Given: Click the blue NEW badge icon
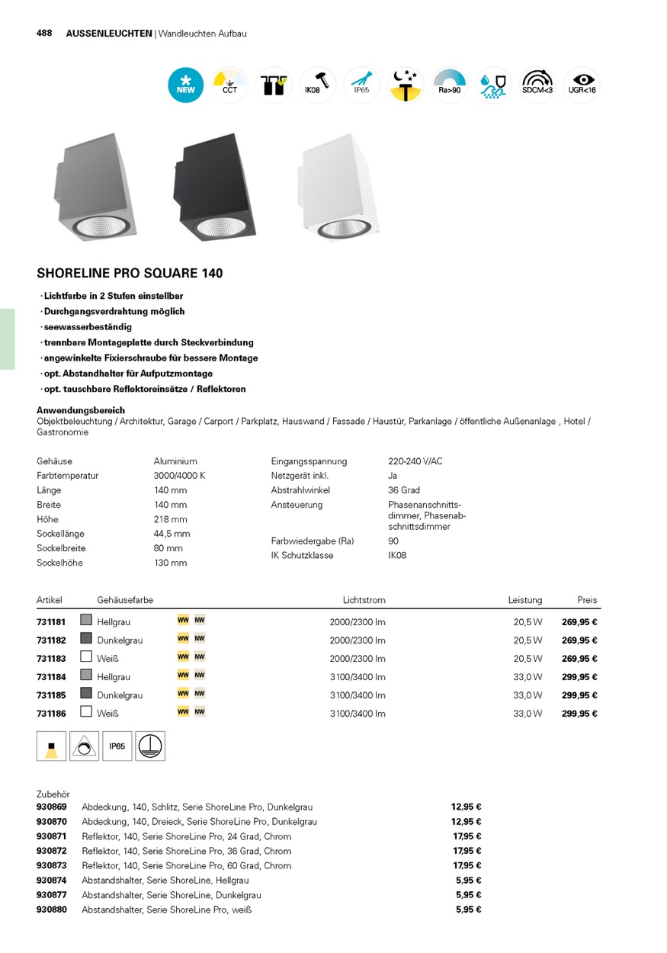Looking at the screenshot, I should (x=186, y=85).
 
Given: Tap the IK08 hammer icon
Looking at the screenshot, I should (x=318, y=85).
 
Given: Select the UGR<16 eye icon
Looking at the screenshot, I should (x=582, y=85).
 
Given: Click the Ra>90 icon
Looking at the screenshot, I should (x=450, y=85).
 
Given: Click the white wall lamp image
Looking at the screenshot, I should (x=335, y=187).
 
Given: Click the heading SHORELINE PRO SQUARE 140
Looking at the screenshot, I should (x=130, y=273).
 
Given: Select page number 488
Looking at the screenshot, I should (x=44, y=34).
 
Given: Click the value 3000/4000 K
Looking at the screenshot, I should (x=180, y=476).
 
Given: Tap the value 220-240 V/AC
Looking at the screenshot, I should (x=415, y=461).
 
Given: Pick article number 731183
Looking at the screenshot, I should (x=51, y=659).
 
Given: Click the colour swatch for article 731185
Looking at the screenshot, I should (x=86, y=694).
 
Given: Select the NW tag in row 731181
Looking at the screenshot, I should (x=200, y=621).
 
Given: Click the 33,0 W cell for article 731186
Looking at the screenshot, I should (x=528, y=714).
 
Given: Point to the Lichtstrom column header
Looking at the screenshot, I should (x=364, y=600).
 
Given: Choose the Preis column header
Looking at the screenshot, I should (x=587, y=600).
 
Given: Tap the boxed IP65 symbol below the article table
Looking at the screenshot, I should (x=117, y=746).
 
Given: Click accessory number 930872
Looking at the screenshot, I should (x=52, y=851).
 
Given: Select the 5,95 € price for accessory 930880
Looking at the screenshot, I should (x=468, y=910).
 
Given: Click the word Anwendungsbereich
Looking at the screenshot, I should (x=81, y=410).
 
